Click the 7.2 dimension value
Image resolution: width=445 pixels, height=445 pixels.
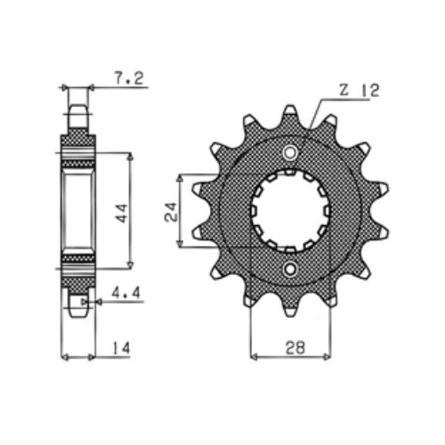(129, 78)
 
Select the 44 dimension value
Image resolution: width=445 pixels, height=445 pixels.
(122, 213)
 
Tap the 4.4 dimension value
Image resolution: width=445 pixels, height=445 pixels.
(125, 294)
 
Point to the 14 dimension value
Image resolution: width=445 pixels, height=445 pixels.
(121, 348)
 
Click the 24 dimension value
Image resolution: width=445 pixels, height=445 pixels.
(171, 212)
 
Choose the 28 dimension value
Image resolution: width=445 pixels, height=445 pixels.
(295, 347)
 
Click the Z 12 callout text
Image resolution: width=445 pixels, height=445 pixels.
(359, 91)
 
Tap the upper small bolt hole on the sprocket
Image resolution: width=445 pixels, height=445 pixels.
(290, 153)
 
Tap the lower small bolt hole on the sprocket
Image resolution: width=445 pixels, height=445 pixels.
(290, 270)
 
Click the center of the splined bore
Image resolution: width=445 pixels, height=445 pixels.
(290, 211)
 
